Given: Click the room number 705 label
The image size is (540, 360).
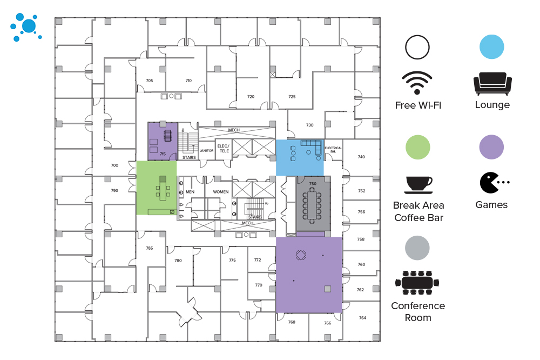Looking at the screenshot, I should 150,81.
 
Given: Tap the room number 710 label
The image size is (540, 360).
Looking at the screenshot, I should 188,81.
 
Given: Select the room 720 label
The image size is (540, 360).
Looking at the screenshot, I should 251,97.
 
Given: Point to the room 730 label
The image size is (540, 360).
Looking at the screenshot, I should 309,125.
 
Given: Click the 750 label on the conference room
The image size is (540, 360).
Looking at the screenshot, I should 312,184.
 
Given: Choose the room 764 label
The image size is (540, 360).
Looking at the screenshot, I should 362,318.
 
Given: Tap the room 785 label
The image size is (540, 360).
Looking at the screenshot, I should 150,248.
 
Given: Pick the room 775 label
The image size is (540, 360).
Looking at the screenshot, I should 232,260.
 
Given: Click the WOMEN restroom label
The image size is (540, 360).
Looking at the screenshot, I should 220,192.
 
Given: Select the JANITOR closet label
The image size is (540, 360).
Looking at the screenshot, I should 207,150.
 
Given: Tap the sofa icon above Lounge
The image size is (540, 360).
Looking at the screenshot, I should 492,83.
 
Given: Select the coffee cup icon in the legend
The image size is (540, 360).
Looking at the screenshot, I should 418,184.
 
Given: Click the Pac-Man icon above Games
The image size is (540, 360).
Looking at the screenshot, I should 490,183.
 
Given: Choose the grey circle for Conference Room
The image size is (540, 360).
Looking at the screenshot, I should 417,248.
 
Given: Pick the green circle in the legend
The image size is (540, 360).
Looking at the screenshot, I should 417,147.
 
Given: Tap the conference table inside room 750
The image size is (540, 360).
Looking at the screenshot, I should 312,205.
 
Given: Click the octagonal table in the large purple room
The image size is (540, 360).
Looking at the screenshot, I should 301,255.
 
